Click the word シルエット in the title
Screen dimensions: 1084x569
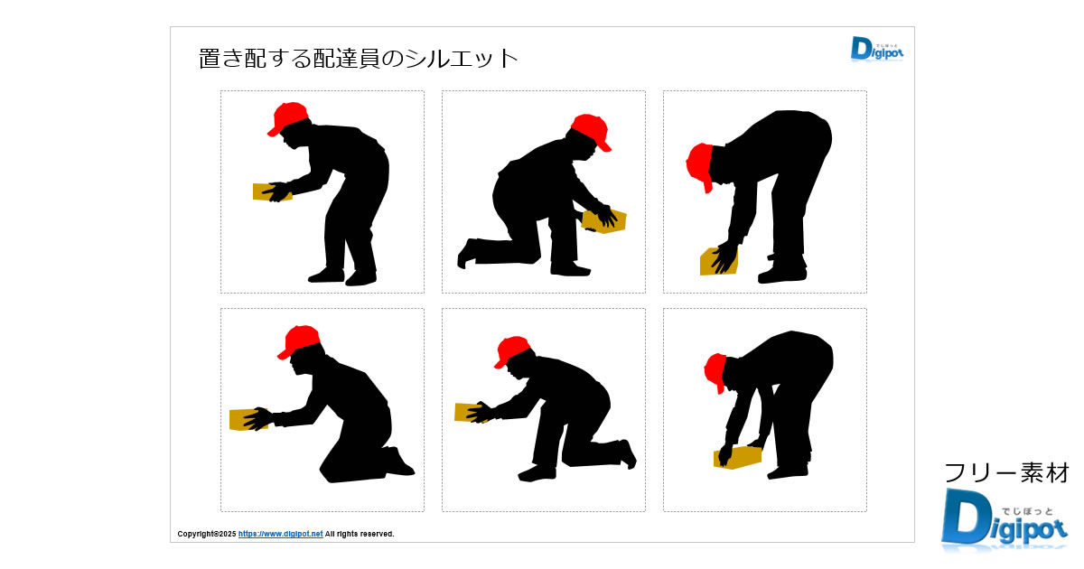coord(462,59)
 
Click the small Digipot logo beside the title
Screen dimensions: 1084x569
coord(877,49)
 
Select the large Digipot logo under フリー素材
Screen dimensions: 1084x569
coord(1004,520)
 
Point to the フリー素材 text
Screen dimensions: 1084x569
coord(1006,472)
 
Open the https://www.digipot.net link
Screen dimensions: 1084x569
coord(280,534)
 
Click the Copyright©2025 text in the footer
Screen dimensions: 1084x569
coord(207,534)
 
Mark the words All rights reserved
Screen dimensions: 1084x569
coord(360,534)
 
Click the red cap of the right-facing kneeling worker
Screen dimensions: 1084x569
coord(592,131)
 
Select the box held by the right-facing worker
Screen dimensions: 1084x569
coord(603,221)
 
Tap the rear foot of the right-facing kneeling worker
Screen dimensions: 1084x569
coord(466,253)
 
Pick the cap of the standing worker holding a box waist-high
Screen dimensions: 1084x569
coord(287,117)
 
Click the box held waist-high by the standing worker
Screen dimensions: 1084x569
coord(271,192)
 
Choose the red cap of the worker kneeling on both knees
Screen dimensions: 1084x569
coord(299,341)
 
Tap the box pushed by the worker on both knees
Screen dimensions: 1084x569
coord(248,419)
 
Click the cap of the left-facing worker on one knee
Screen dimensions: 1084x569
coord(512,350)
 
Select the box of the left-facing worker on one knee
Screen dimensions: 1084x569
coord(471,412)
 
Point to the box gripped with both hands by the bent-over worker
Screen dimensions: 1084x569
coord(737,457)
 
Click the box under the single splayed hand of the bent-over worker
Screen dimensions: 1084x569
coord(719,261)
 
